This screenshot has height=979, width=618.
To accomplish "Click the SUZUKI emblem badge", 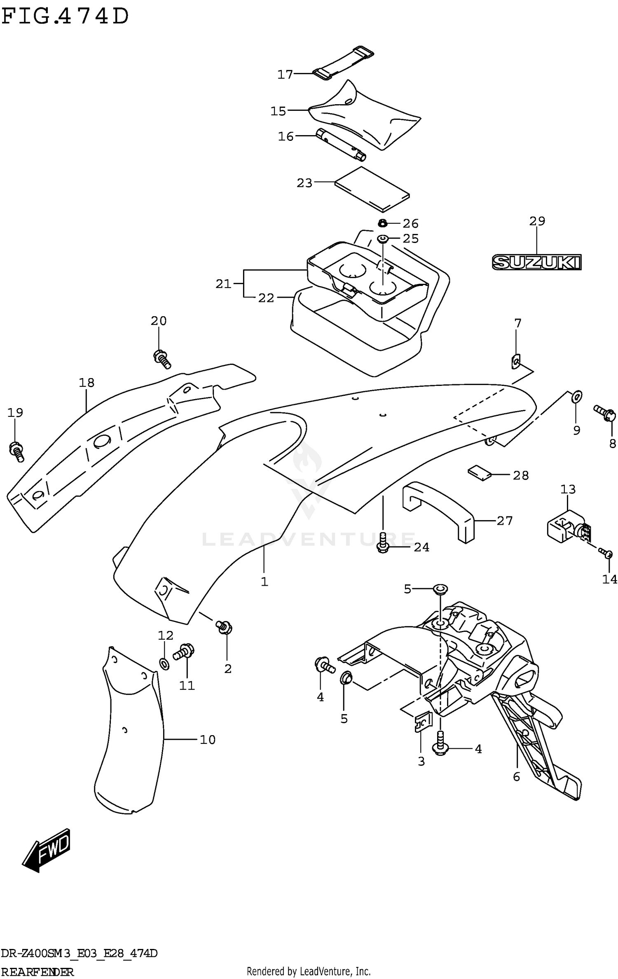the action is pyautogui.click(x=536, y=262).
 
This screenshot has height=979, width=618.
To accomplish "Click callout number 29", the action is pyautogui.click(x=537, y=221).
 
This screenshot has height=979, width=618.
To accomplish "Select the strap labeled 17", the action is pyautogui.click(x=343, y=63).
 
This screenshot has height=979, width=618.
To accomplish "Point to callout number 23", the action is pyautogui.click(x=304, y=183).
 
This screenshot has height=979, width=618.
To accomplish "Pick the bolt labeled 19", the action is pyautogui.click(x=16, y=451).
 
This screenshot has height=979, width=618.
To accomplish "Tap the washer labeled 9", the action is pyautogui.click(x=577, y=396).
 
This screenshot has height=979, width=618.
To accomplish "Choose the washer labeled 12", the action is pyautogui.click(x=164, y=664).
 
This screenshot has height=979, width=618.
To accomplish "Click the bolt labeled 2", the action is pyautogui.click(x=225, y=628).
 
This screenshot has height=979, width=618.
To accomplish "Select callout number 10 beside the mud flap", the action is pyautogui.click(x=208, y=740).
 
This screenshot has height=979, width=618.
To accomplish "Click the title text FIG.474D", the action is pyautogui.click(x=65, y=16).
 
